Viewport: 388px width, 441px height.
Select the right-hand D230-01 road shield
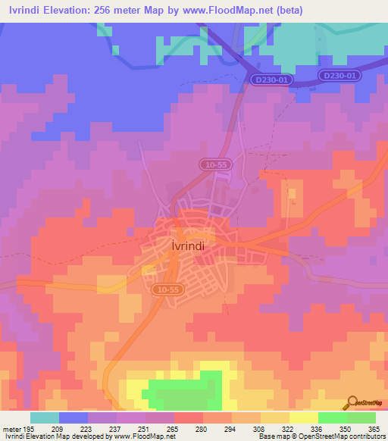click(x=338, y=76)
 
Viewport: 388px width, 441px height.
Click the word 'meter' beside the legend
click(x=12, y=429)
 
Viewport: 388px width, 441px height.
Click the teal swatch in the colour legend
click(x=45, y=418)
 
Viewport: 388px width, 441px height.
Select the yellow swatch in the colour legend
click(x=303, y=418)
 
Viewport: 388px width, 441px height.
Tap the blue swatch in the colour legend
click(x=74, y=418)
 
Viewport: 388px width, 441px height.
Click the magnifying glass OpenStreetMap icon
click(x=352, y=403)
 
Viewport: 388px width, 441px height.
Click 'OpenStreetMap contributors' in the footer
click(x=343, y=436)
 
